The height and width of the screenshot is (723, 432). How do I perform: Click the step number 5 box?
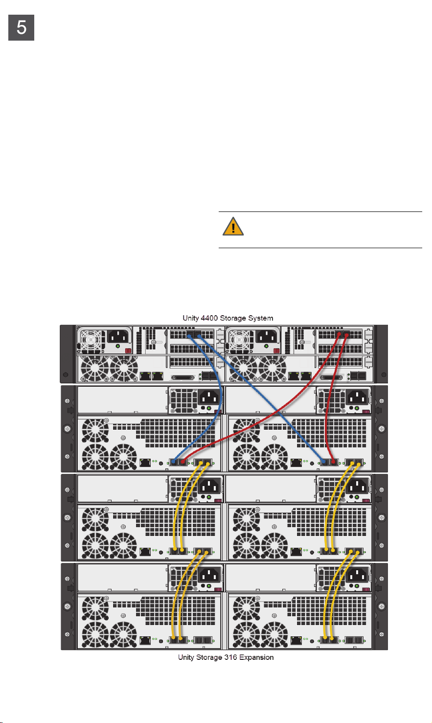(22, 28)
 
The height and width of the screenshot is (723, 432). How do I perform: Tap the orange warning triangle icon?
(233, 227)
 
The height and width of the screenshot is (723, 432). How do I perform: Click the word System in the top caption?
(260, 318)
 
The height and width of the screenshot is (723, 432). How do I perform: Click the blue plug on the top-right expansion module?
(324, 462)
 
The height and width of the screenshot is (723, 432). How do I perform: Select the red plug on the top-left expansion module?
(183, 462)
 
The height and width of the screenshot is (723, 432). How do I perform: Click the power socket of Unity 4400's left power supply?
(119, 337)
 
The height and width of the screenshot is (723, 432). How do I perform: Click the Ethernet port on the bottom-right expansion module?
(296, 639)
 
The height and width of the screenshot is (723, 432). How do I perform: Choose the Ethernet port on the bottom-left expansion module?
(145, 639)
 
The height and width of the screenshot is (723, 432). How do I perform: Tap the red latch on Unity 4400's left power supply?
(129, 350)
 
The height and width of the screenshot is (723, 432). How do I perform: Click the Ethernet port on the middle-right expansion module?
(296, 551)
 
